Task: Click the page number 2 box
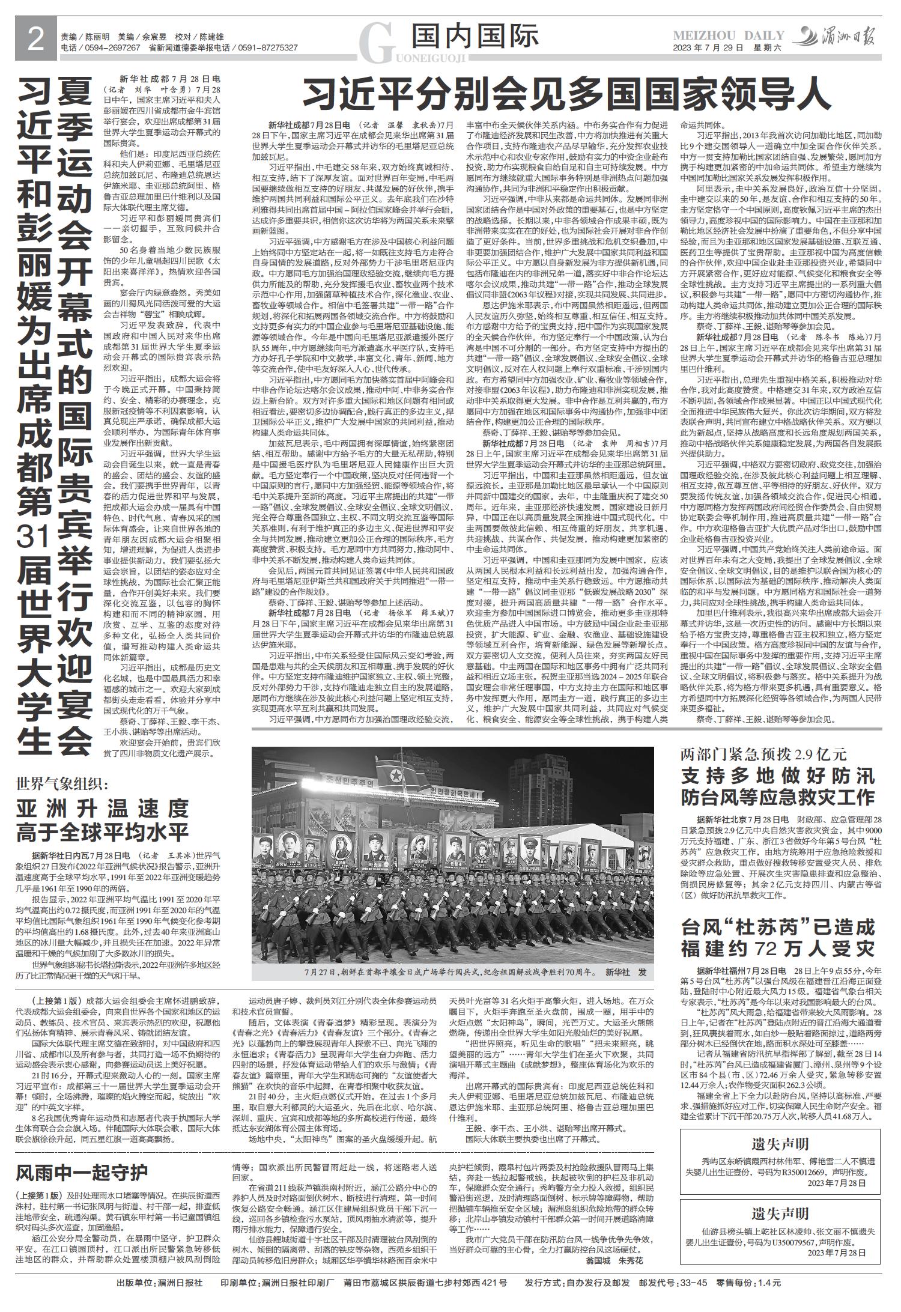pyautogui.click(x=35, y=41)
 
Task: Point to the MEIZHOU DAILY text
pyautogui.click(x=728, y=35)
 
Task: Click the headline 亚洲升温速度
pyautogui.click(x=103, y=809)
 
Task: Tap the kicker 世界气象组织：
pyautogui.click(x=62, y=783)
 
